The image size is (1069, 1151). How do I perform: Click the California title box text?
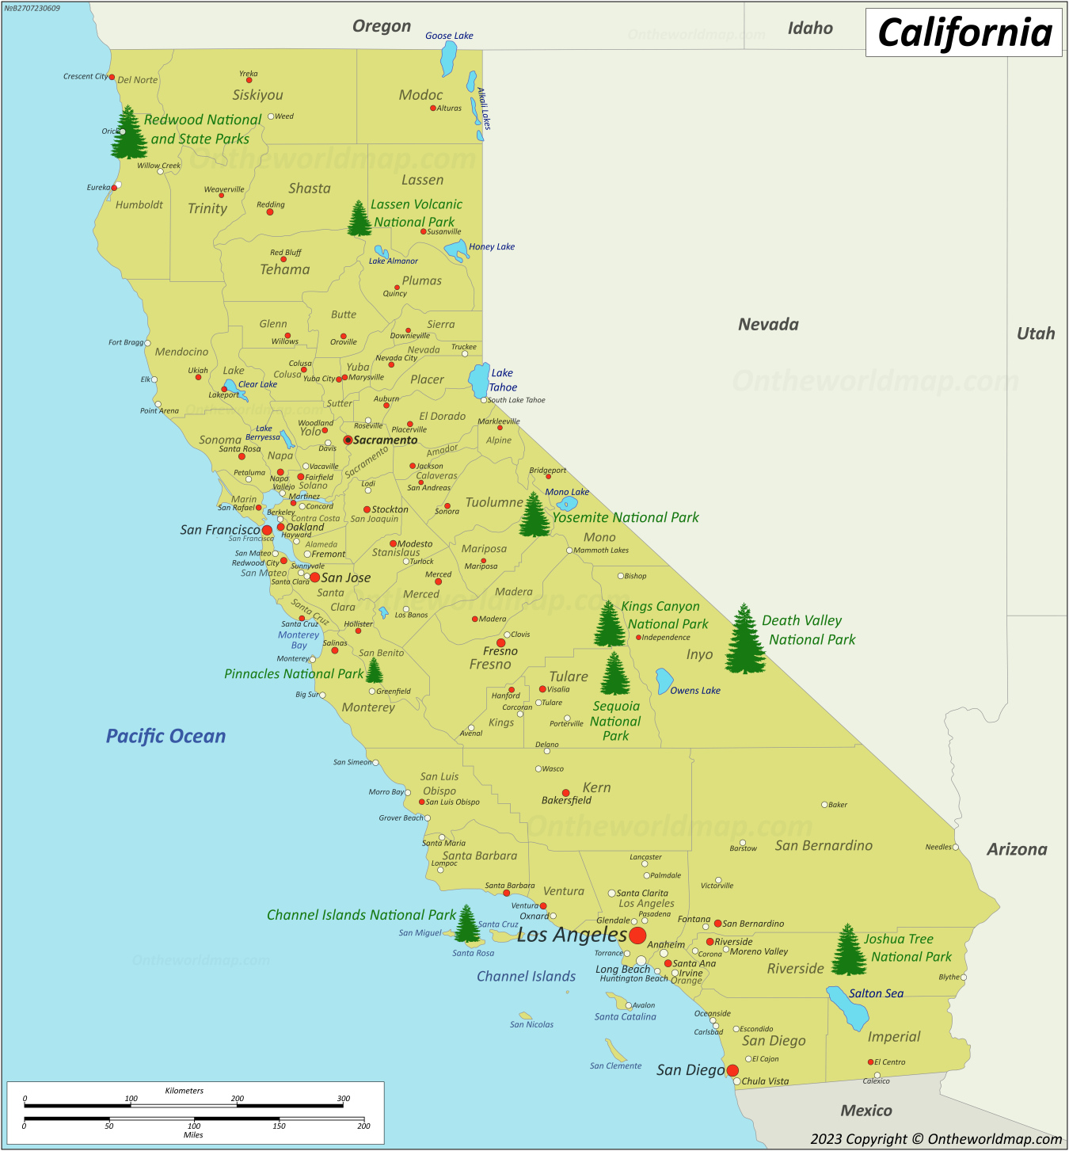click(964, 33)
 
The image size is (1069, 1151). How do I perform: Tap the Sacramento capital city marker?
click(348, 440)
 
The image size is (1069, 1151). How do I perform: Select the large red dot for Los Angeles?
click(637, 935)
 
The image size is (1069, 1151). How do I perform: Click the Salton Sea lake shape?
click(847, 1008)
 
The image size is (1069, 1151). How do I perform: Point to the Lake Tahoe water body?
click(479, 381)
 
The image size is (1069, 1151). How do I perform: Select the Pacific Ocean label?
click(165, 736)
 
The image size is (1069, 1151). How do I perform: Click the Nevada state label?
click(768, 324)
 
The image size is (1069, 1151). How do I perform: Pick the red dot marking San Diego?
click(732, 1070)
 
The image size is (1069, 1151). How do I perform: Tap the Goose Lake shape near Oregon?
click(449, 58)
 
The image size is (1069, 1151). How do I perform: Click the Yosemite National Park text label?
click(626, 517)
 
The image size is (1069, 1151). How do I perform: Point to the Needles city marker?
click(956, 847)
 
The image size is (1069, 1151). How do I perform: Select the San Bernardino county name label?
click(824, 845)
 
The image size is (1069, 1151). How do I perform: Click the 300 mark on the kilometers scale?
click(343, 1099)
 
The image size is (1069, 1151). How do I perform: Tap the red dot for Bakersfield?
click(565, 792)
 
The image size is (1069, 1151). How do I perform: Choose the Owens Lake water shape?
click(664, 680)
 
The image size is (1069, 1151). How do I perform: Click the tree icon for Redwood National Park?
click(128, 133)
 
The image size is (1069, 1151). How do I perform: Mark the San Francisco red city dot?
click(267, 530)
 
